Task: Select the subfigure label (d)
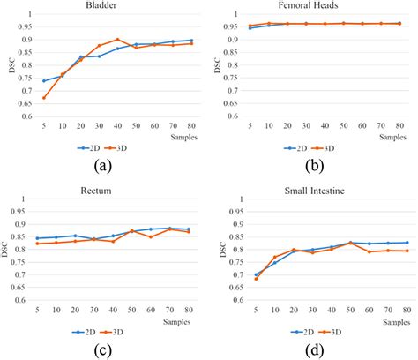click(312, 348)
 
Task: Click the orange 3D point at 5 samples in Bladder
click(43, 98)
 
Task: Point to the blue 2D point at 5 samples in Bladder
click(43, 81)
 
